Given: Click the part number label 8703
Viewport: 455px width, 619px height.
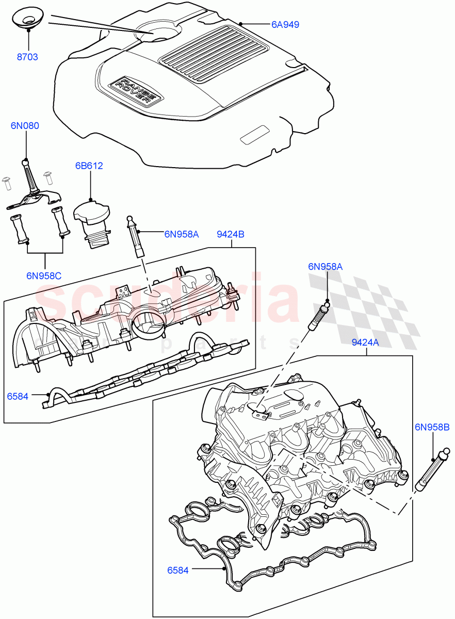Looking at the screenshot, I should coord(27,57).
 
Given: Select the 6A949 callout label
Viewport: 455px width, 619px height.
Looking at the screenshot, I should coord(285,24).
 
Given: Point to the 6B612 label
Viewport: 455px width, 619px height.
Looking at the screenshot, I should coord(89,166).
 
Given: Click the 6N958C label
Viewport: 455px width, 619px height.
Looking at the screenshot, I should coord(44,275).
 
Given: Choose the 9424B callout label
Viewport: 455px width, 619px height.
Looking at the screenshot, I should coord(230,234).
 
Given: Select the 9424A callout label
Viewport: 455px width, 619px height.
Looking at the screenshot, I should coord(365,342).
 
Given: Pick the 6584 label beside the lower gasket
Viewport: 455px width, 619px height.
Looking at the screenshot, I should coord(177,570).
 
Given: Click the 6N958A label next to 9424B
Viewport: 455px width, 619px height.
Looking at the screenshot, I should coord(182,234).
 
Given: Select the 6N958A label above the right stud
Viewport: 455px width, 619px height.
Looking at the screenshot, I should coord(326,267).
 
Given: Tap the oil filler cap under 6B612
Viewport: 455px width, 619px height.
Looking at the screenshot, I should coord(93,220).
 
